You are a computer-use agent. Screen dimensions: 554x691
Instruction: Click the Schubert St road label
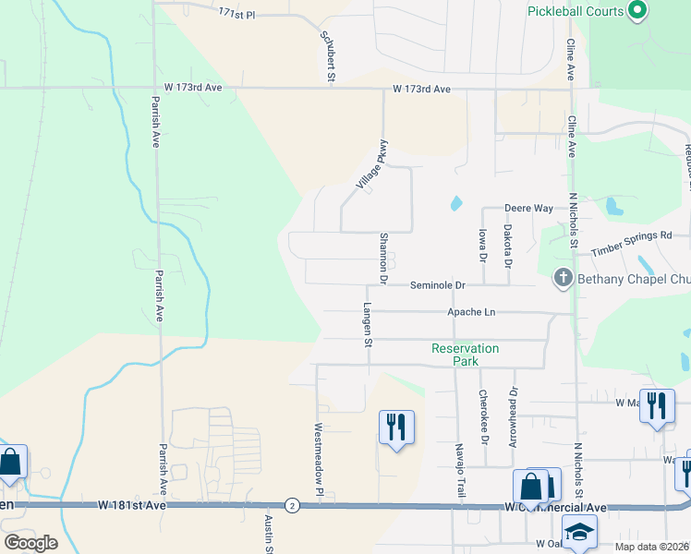coord(327,55)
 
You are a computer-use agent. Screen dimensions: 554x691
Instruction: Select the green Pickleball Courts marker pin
coord(636,11)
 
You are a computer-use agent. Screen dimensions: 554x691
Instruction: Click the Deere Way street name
coord(528,209)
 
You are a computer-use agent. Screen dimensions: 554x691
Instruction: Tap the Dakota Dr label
coord(507,247)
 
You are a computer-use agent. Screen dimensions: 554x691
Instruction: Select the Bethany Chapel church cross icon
coord(563,277)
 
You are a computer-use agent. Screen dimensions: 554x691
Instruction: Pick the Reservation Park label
coord(465,355)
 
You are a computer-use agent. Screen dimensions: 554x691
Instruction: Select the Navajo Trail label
coord(458,470)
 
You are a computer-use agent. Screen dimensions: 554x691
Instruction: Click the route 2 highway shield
coord(292,505)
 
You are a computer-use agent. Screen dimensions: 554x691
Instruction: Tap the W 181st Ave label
coord(132,505)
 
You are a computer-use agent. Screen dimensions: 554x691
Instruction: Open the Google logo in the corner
coord(30,543)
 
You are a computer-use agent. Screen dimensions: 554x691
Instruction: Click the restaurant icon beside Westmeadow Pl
coord(396,427)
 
